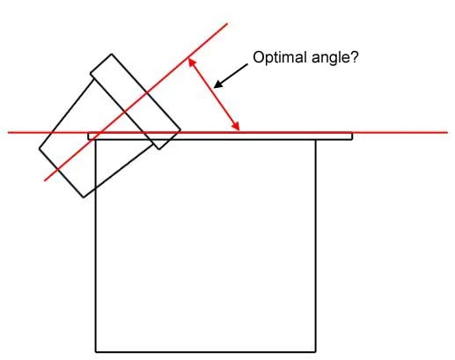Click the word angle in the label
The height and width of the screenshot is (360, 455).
(x=330, y=59)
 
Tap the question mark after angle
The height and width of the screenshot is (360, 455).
(x=354, y=57)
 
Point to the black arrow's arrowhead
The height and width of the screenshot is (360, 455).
(x=218, y=84)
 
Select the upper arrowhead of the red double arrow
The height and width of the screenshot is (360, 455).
(x=190, y=62)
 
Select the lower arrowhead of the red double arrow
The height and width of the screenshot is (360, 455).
(x=237, y=127)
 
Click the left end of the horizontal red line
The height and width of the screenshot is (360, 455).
(x=8, y=133)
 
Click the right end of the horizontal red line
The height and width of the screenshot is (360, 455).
(x=447, y=133)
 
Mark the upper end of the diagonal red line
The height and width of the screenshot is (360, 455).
(x=227, y=24)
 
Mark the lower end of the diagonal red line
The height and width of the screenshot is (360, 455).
(x=45, y=180)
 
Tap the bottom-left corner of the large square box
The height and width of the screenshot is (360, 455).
(x=96, y=351)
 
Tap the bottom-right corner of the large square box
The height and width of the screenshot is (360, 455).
(x=316, y=351)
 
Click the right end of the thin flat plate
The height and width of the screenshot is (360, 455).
(x=352, y=136)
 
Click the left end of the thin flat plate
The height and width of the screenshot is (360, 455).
(x=89, y=136)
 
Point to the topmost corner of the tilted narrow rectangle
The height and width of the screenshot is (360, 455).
(x=112, y=55)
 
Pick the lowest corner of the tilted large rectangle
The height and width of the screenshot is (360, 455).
(x=84, y=197)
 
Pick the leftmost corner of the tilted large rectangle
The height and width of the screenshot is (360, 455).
(x=40, y=149)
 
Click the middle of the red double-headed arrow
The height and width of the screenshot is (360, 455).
(x=214, y=94)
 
